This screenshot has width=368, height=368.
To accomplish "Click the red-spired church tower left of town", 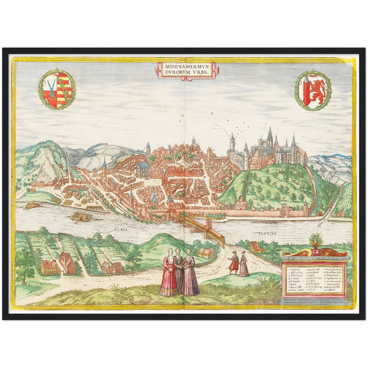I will [x=105, y=167].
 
